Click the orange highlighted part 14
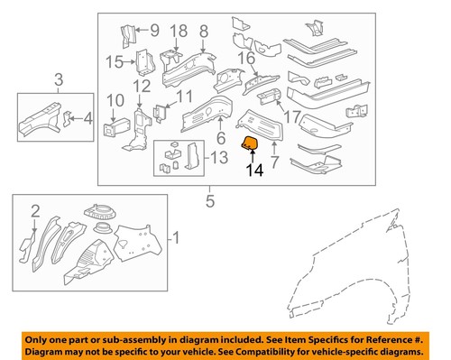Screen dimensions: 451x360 pyautogui.click(x=251, y=143)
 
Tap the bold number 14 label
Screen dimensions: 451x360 pyautogui.click(x=255, y=171)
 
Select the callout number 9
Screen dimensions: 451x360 pyautogui.click(x=154, y=31)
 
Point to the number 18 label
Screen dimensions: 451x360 pyautogui.click(x=179, y=32)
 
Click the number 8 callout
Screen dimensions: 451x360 pyautogui.click(x=204, y=32)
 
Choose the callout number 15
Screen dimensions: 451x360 pyautogui.click(x=115, y=62)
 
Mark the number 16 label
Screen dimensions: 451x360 pyautogui.click(x=246, y=59)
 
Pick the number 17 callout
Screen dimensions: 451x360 pyautogui.click(x=292, y=116)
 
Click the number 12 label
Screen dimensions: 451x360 pyautogui.click(x=142, y=87)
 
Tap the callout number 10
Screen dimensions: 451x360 pyautogui.click(x=115, y=100)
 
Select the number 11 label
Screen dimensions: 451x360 pyautogui.click(x=184, y=97)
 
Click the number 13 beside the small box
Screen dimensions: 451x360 pyautogui.click(x=219, y=158)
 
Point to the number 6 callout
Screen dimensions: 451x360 pyautogui.click(x=221, y=138)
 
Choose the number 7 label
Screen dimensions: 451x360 pyautogui.click(x=274, y=162)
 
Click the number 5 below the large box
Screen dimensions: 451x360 pyautogui.click(x=210, y=201)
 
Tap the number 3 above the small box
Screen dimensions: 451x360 pyautogui.click(x=59, y=80)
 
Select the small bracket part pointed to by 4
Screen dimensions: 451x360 pyautogui.click(x=68, y=119)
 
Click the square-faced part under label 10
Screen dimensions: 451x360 pyautogui.click(x=115, y=128)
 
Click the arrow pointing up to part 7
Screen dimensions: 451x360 pyautogui.click(x=274, y=148)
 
